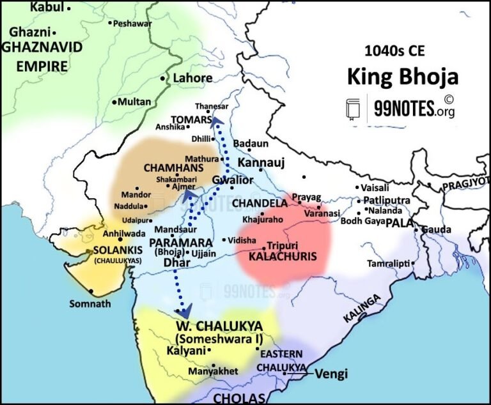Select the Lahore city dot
point(162,79)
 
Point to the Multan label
point(135,102)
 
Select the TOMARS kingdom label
point(191,119)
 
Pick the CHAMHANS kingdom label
point(168,167)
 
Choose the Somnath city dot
point(92,292)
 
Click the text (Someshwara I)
point(212,338)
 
